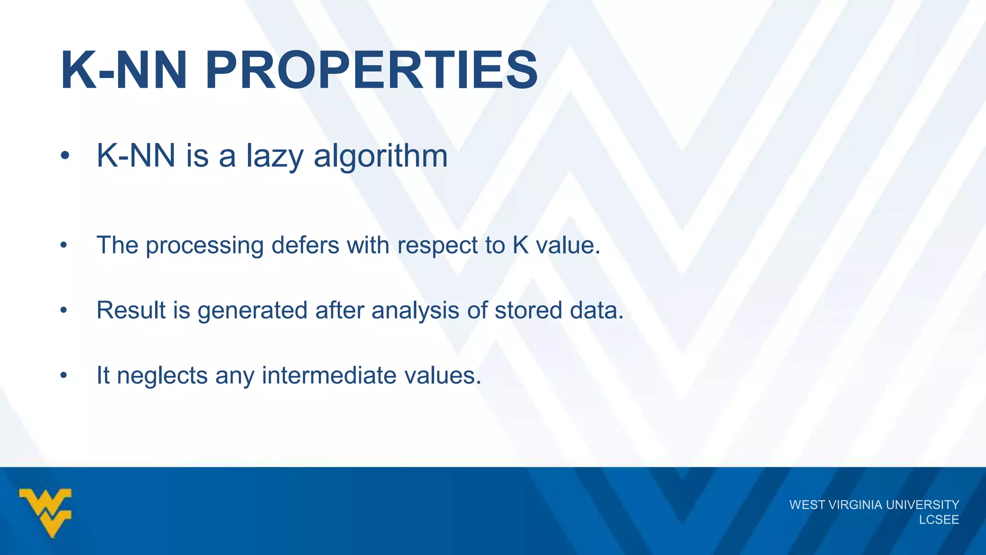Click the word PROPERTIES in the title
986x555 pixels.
tap(371, 71)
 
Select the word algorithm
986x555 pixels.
tap(380, 156)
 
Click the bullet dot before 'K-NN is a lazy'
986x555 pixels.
tap(65, 156)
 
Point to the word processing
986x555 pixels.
tap(205, 246)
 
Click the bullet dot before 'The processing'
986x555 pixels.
tap(64, 246)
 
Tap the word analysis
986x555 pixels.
tap(415, 311)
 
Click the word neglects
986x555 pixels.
tap(162, 376)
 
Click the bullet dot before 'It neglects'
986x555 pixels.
tap(64, 375)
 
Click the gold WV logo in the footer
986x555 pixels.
tap(45, 512)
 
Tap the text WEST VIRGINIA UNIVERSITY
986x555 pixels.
tap(874, 504)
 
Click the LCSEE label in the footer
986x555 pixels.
tap(939, 520)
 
